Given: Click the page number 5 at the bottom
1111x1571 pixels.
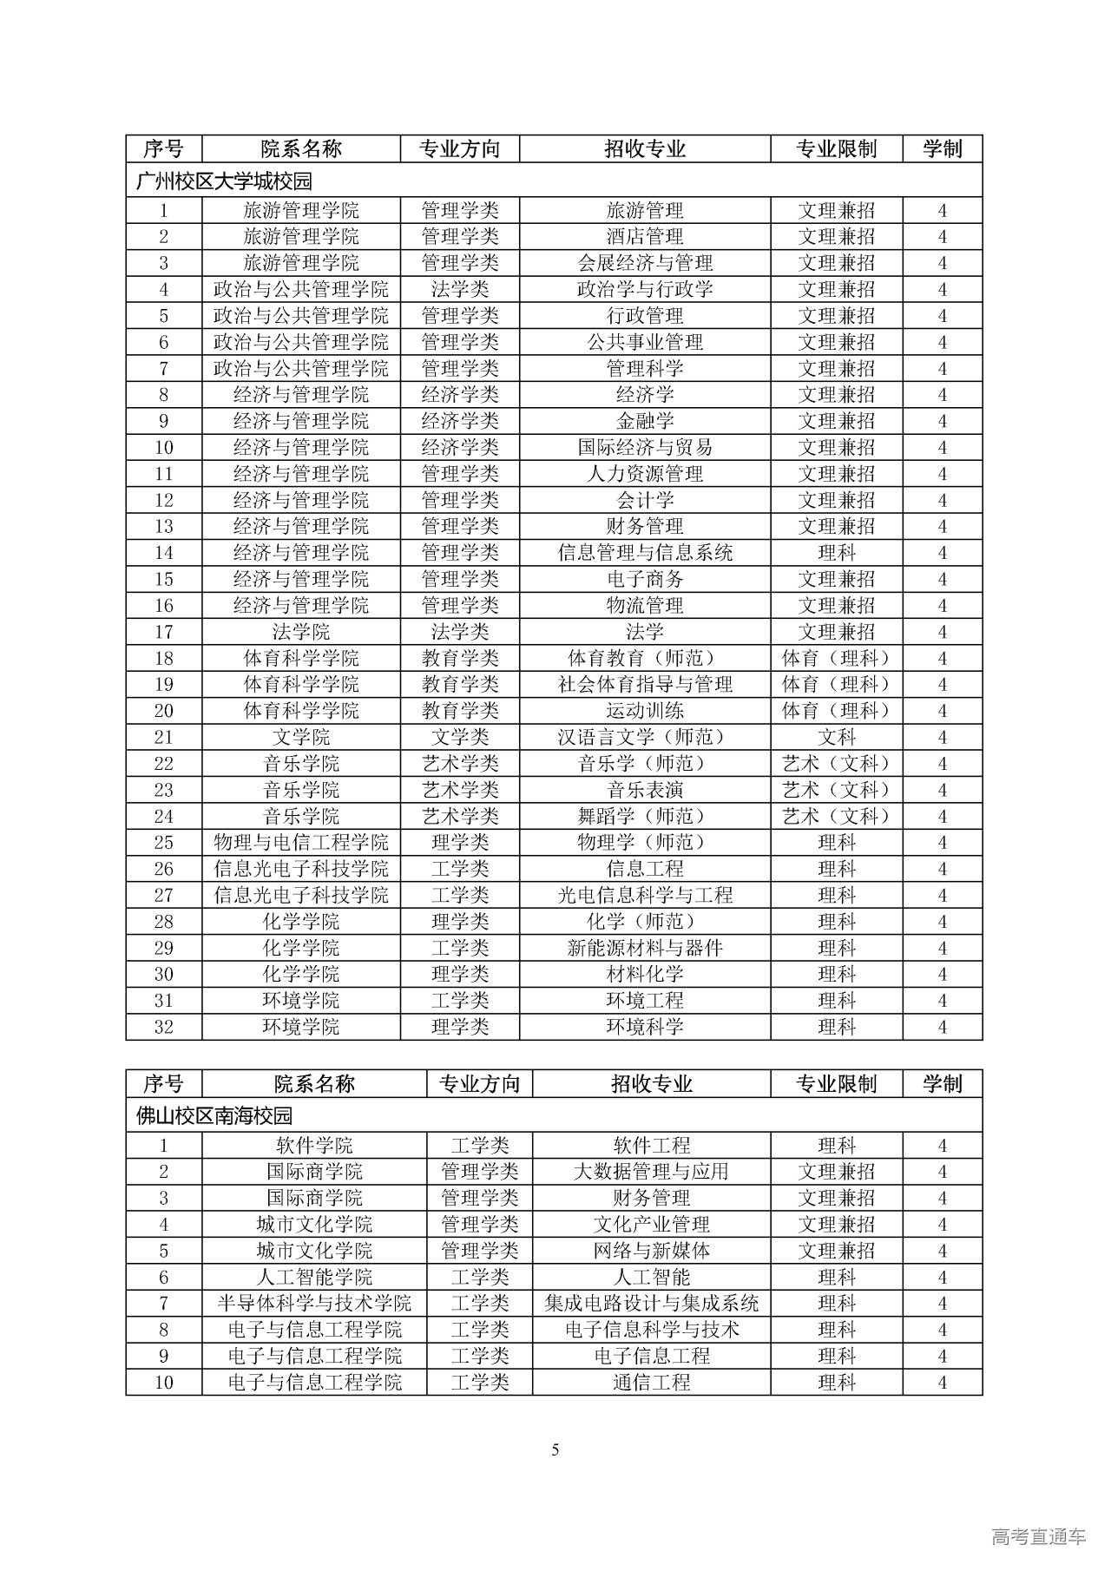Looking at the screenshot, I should click(555, 1450).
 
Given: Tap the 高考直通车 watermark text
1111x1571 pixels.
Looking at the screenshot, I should click(1038, 1537).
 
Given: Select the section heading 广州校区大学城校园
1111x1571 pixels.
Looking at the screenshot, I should click(224, 181).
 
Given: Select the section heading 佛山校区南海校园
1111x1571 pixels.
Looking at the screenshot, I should click(214, 1115).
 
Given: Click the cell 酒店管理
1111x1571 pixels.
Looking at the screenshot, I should click(645, 237).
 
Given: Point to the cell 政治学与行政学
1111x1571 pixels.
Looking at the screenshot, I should click(645, 289).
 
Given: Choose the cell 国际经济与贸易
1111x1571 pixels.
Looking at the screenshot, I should click(645, 448).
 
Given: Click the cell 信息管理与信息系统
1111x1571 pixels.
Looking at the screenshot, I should click(645, 553).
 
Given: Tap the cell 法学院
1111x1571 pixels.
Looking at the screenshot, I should click(301, 632).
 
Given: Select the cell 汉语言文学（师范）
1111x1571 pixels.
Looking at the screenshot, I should click(645, 738).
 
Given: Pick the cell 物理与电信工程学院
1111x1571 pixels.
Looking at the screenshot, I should click(301, 843).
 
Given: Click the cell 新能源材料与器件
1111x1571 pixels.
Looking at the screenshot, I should click(645, 948).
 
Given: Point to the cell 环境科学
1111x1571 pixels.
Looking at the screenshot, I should click(645, 1027).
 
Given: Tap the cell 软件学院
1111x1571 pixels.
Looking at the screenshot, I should click(314, 1146).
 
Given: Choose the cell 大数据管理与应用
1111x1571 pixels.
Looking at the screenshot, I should click(651, 1172).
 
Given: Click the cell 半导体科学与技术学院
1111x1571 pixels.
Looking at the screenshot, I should click(314, 1304).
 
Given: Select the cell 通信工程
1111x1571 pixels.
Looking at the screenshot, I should click(651, 1383).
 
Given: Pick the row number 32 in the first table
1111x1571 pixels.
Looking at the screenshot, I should click(163, 1027).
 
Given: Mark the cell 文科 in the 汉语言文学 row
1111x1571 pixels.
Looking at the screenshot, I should click(837, 738).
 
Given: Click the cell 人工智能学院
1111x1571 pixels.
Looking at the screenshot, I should click(314, 1278).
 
